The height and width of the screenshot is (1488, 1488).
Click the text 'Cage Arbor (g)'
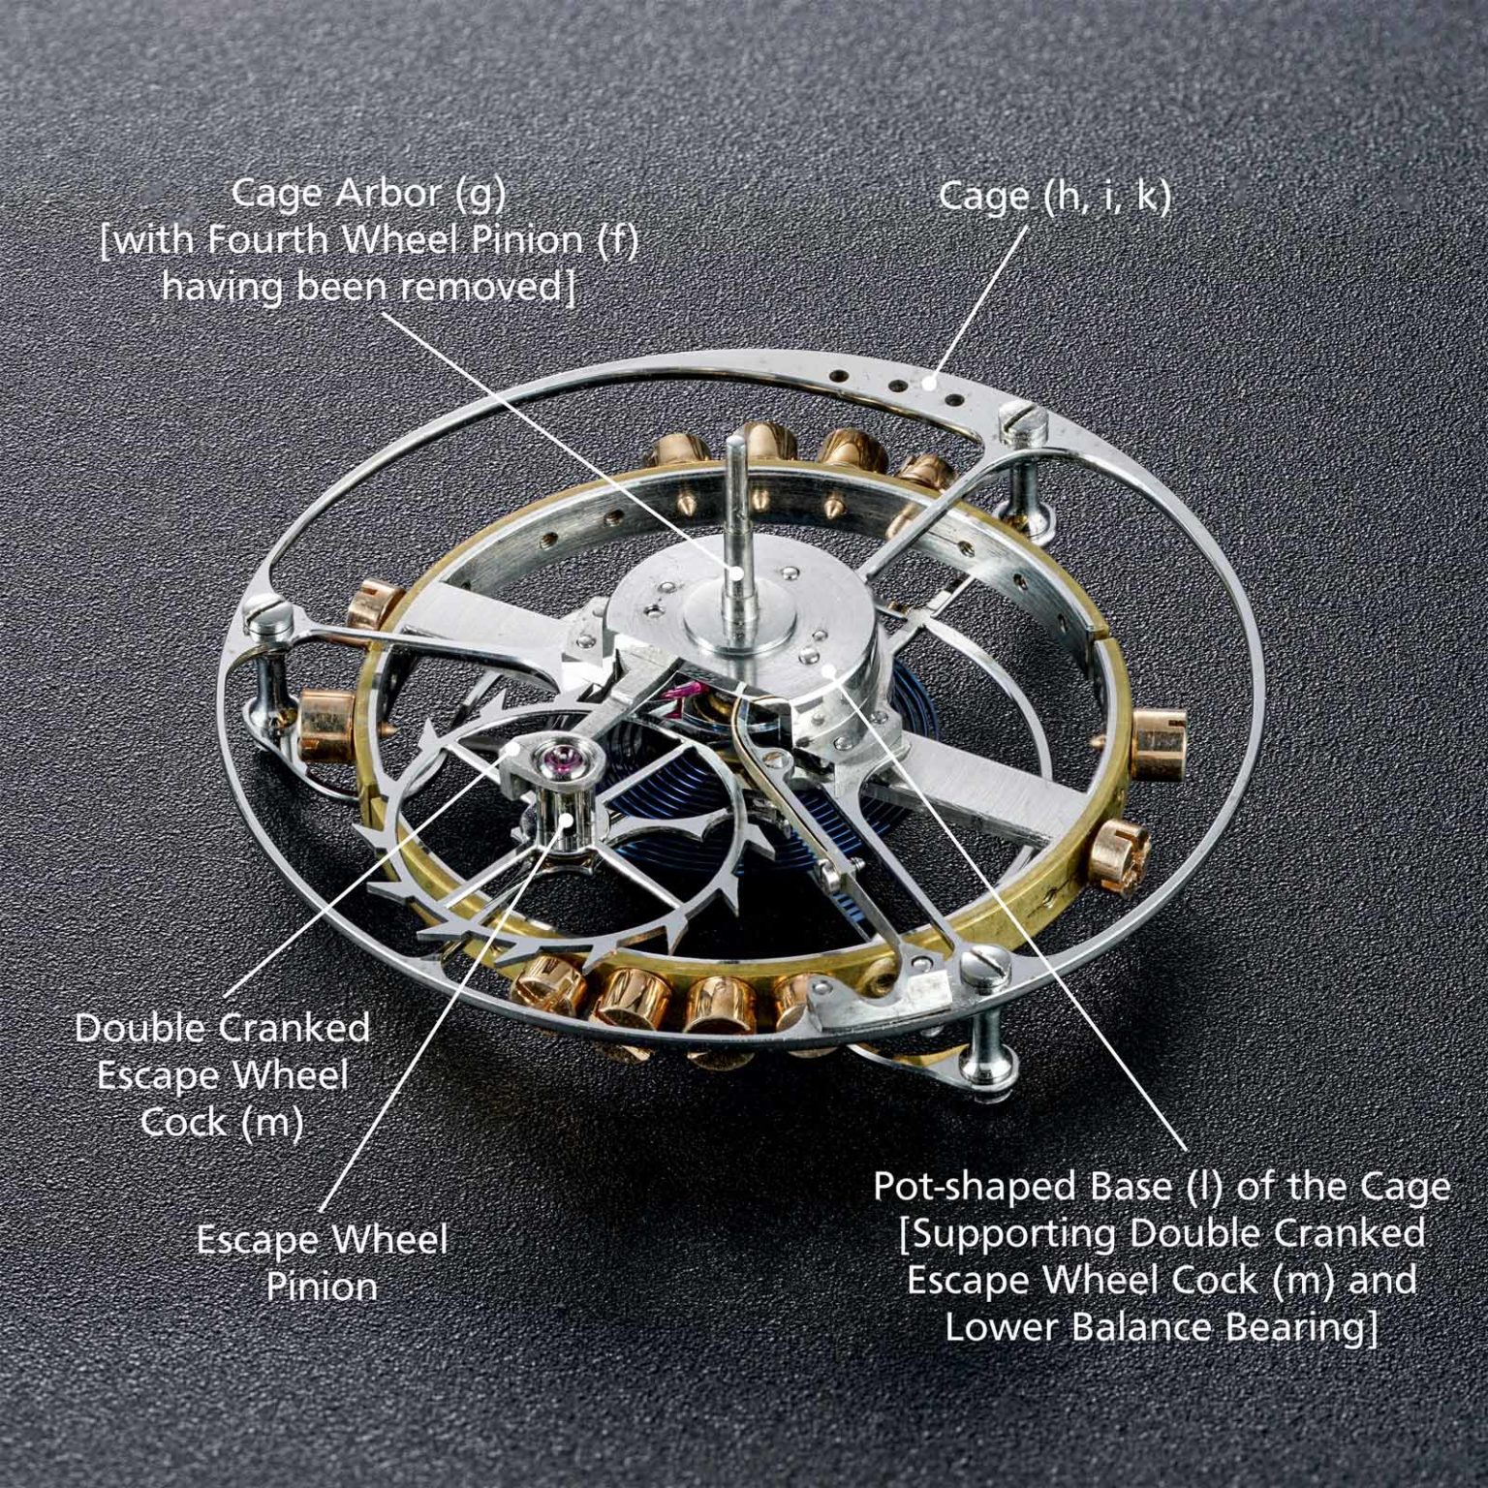pos(368,194)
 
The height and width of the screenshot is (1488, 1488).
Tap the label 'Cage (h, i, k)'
pos(1054,197)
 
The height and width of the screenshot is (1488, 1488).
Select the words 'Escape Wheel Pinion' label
pos(322,1262)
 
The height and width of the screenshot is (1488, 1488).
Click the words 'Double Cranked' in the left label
pos(222,1028)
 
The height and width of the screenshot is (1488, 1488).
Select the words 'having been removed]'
pos(368,287)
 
